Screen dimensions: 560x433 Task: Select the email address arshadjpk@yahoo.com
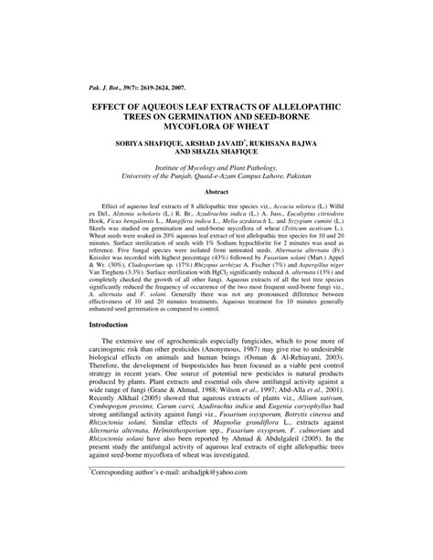pos(214,525)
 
